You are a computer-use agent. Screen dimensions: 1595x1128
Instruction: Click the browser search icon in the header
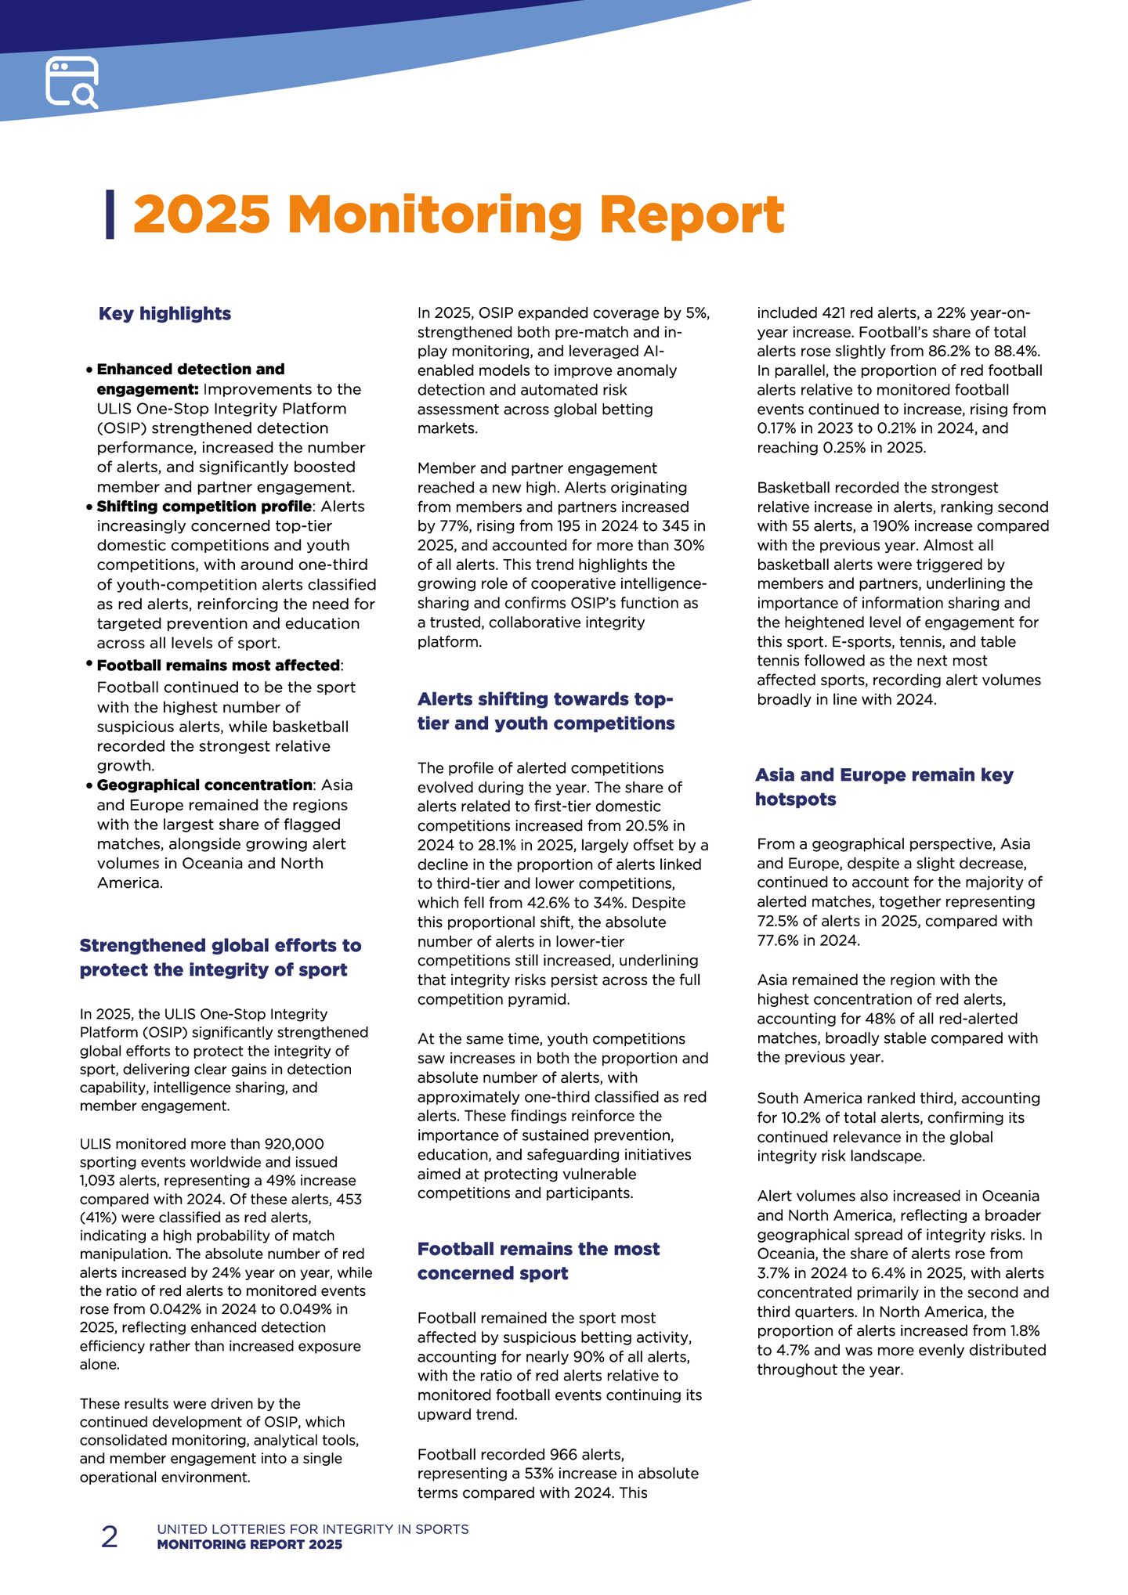click(72, 81)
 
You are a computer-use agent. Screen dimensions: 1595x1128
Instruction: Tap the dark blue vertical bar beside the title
click(110, 214)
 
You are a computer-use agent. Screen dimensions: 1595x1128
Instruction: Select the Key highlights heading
click(164, 314)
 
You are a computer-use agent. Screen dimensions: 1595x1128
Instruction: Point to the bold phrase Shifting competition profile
click(204, 507)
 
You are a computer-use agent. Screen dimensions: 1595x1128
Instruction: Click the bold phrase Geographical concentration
click(204, 785)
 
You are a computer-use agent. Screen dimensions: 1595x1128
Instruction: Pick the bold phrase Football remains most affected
click(219, 666)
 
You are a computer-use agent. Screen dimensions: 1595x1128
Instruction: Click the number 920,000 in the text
click(295, 1144)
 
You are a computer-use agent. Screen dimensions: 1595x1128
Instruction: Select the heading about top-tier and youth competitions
click(545, 711)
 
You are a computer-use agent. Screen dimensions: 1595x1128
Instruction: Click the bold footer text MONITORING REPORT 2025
click(249, 1545)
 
